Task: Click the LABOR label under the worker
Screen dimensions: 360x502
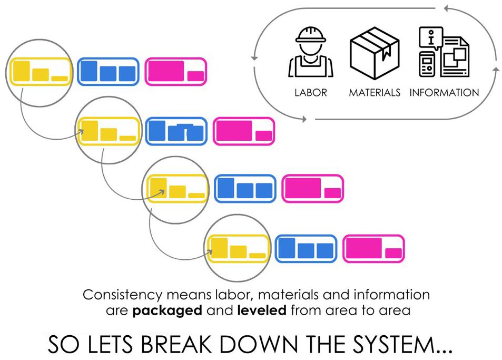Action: (311, 93)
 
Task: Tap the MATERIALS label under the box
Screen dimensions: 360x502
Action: (375, 93)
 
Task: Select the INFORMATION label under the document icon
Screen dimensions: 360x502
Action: (444, 93)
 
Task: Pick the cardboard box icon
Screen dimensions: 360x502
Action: (375, 53)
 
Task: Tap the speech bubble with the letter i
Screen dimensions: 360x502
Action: (431, 38)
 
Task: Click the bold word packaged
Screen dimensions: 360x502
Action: (167, 310)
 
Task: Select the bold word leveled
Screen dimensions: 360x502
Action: (262, 310)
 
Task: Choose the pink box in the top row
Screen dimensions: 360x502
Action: (175, 72)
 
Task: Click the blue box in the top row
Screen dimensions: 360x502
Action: (108, 72)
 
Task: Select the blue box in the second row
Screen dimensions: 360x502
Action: (176, 131)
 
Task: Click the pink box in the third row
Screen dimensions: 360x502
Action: (312, 188)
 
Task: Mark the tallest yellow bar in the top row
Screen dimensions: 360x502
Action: (22, 71)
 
